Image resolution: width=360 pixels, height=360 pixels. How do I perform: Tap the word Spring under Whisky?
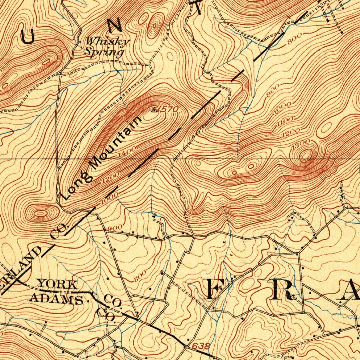coord(104,52)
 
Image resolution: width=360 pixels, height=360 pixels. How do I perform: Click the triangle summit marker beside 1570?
coord(154,110)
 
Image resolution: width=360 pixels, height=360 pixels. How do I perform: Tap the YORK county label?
coord(58,284)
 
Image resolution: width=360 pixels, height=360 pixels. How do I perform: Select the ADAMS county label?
coord(56,299)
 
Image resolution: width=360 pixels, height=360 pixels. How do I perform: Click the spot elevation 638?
coord(201,346)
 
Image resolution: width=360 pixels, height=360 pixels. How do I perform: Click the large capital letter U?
coord(28,36)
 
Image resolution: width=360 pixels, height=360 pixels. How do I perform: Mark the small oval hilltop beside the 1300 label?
coord(306,154)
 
